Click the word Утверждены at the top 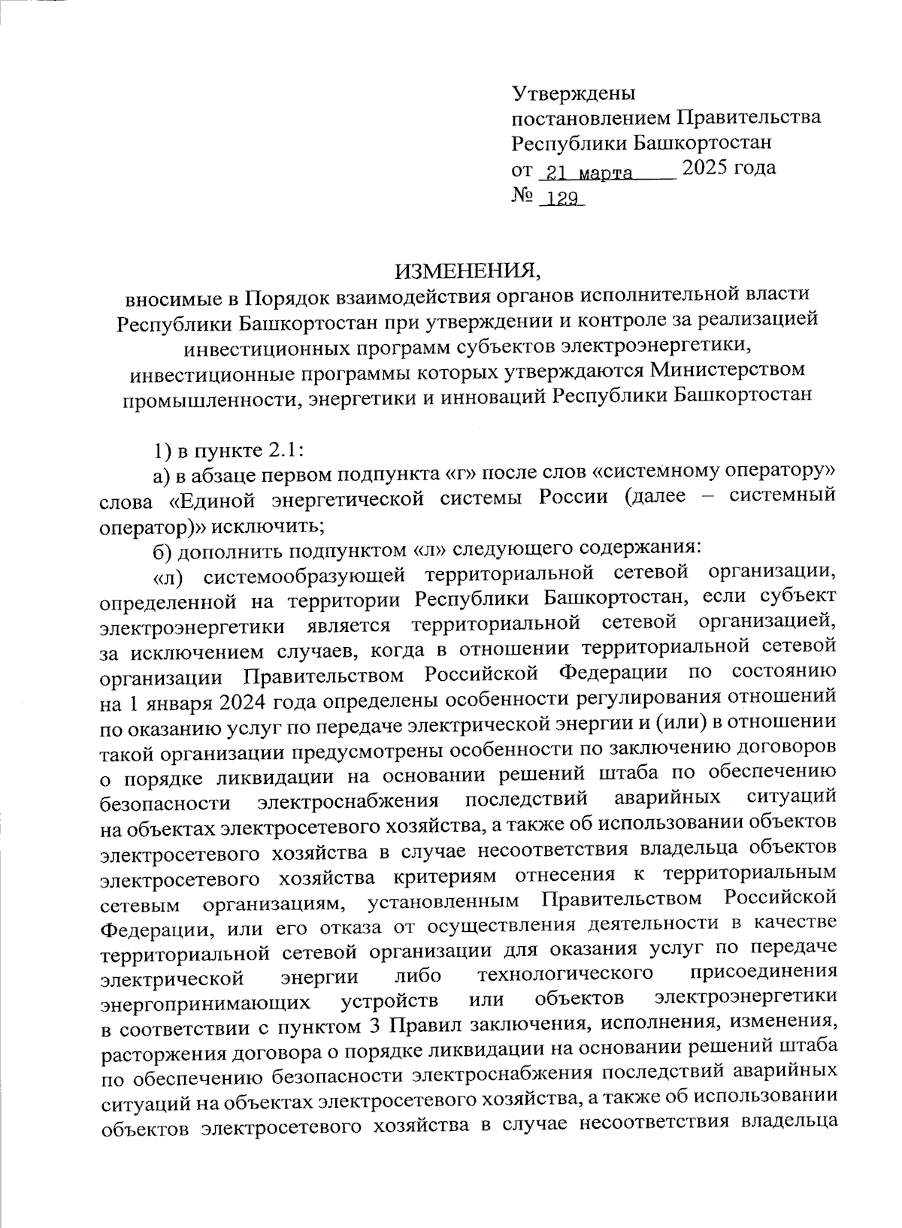(573, 93)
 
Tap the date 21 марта (589, 173)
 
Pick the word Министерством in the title (728, 371)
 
